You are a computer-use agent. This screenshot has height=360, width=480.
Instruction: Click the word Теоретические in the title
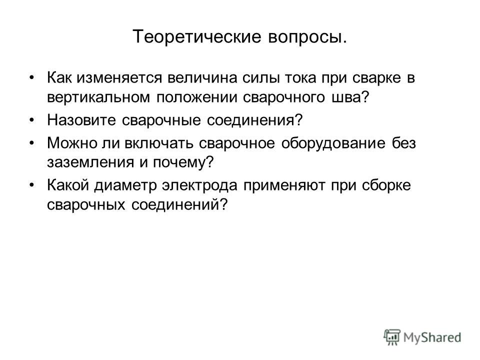tap(197, 36)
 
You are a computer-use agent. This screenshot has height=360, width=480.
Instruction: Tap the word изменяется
tap(119, 78)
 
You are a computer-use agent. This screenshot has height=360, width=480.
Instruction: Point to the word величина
tap(202, 78)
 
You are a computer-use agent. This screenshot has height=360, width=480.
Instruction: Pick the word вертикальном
tap(98, 98)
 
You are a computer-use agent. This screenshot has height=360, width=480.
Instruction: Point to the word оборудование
tap(333, 143)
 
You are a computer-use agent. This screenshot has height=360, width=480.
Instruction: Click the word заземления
tap(90, 162)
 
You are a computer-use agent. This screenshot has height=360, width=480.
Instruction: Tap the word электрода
tap(199, 185)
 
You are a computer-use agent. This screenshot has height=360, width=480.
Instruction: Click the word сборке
tap(386, 185)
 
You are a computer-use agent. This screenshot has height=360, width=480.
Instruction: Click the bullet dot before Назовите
tap(32, 120)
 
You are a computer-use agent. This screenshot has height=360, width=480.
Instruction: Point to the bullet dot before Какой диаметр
tap(32, 185)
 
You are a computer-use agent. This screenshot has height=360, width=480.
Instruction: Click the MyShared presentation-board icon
tap(392, 337)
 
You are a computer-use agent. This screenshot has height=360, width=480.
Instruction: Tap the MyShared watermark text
tap(432, 337)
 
